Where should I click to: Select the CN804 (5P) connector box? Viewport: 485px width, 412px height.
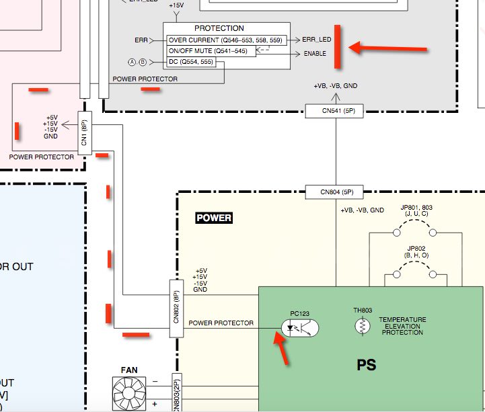tap(334, 192)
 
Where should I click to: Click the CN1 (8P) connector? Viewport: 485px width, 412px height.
tap(85, 132)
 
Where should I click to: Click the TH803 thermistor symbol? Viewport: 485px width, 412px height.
tap(363, 327)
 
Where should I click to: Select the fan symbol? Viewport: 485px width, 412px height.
tap(128, 394)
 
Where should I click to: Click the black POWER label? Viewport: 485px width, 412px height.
tap(214, 218)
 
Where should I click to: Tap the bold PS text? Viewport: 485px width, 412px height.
tap(367, 366)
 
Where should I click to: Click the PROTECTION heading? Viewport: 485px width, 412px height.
tap(219, 29)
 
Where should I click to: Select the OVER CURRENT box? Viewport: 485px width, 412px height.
tap(225, 40)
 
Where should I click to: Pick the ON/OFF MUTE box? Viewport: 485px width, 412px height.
tap(211, 51)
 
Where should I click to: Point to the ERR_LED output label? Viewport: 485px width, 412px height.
tap(318, 40)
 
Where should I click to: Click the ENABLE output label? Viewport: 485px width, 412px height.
tap(315, 53)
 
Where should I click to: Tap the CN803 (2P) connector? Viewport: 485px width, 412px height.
tap(178, 393)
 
